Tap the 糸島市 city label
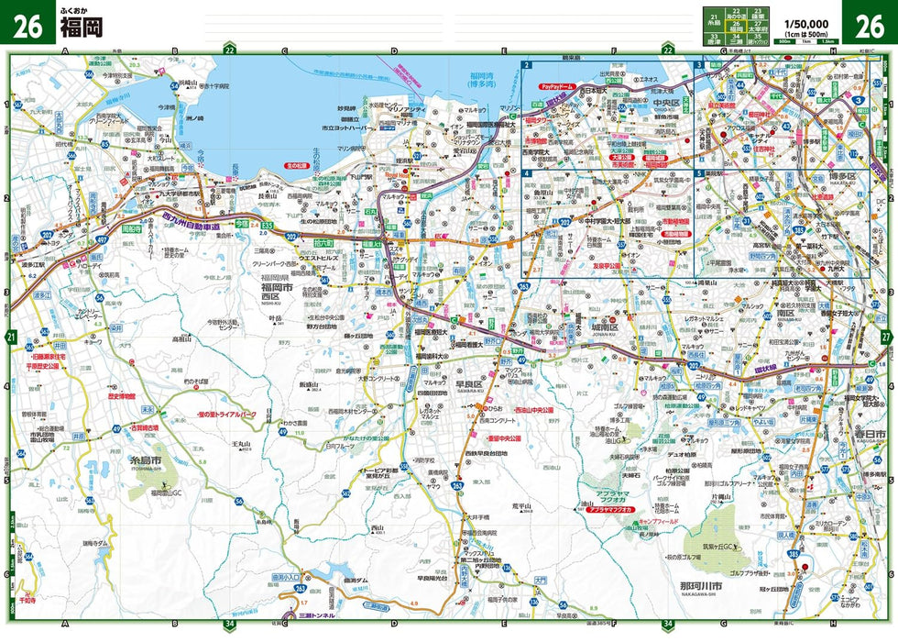click(x=144, y=459)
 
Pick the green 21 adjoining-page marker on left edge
click(x=11, y=338)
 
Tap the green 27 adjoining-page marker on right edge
click(x=886, y=338)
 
